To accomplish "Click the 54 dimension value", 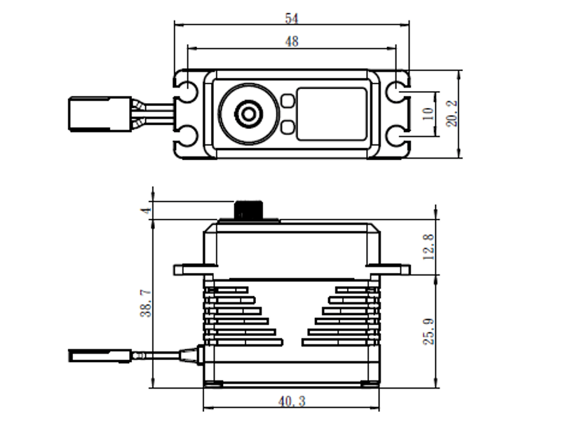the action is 292,18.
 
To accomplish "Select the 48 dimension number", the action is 292,41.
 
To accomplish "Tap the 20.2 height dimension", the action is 452,114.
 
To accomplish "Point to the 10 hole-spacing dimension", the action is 428,114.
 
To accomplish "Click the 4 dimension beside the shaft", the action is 146,210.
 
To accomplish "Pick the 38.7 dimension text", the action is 146,304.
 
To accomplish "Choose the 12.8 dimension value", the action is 428,247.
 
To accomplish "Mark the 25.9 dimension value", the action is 428,331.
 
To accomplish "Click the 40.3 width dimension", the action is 292,401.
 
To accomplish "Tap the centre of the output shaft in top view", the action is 248,114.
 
